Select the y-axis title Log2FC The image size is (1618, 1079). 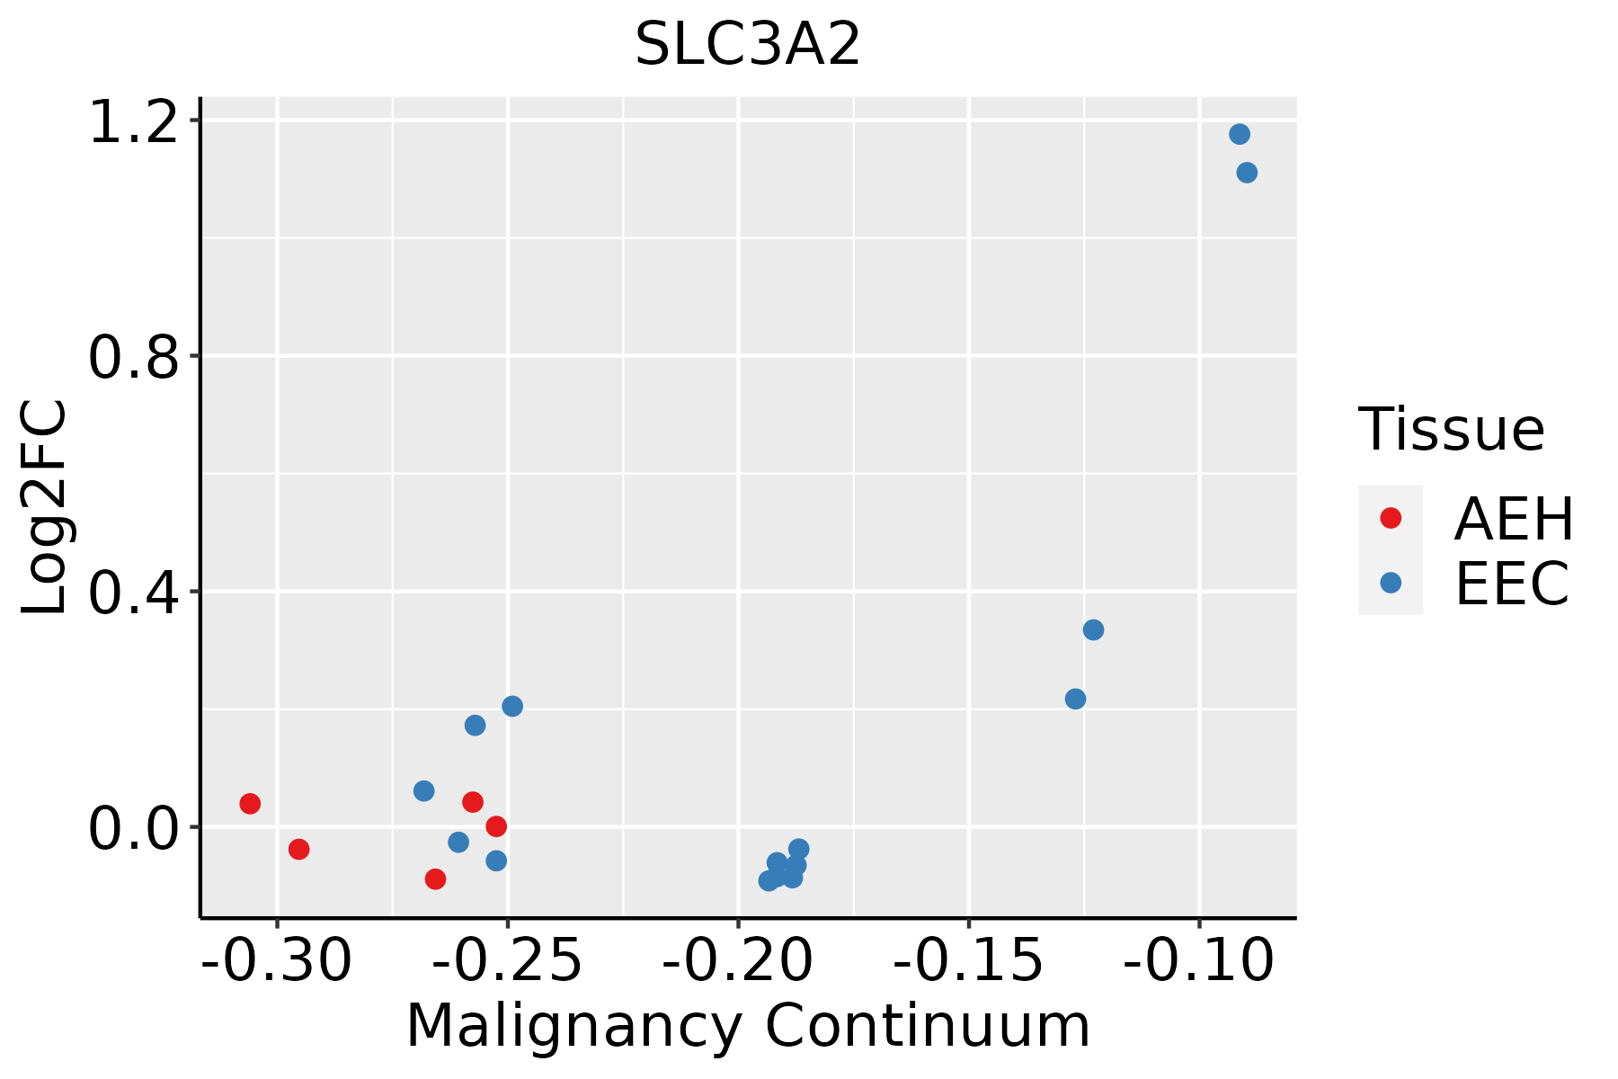coord(45,508)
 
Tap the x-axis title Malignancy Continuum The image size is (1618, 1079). coord(748,1027)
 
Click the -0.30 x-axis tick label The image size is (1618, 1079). coord(277,960)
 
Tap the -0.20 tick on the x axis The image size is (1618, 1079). coord(738,960)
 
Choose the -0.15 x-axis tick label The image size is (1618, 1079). coord(968,960)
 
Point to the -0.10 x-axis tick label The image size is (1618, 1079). coord(1198,960)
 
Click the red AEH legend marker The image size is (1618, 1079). coord(1391,518)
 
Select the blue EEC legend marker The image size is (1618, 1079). coord(1391,583)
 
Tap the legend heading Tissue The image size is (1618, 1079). coord(1451,430)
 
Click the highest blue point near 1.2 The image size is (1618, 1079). coord(1240,135)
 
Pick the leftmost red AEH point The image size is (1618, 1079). coord(250,804)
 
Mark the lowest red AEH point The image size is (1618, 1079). coord(435,878)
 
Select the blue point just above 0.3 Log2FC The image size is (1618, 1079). coord(1093,629)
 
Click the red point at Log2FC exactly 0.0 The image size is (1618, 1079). coord(496,826)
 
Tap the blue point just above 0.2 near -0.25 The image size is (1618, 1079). coord(512,706)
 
